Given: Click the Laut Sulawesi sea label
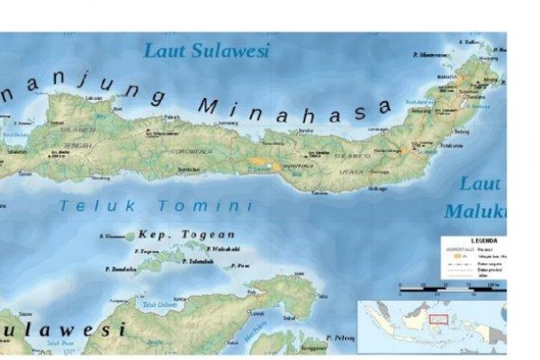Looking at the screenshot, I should click(207, 51).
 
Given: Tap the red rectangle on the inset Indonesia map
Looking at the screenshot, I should click(438, 318).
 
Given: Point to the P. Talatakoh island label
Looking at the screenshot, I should click(198, 261).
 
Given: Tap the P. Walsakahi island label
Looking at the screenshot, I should click(222, 248).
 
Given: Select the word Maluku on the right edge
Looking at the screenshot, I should click(477, 212).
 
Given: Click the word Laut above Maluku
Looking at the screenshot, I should click(481, 184).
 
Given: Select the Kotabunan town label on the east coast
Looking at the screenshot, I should click(449, 146).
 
